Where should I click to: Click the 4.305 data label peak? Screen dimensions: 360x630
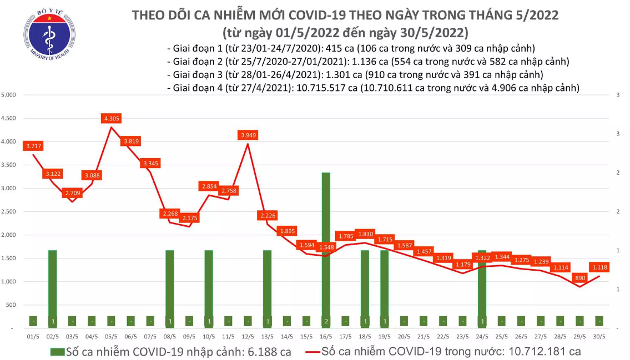coord(111,118)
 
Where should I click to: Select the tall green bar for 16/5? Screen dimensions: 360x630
coord(326,250)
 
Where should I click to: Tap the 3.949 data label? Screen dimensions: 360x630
coord(248,135)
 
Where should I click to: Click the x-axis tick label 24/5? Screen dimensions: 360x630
coord(482,336)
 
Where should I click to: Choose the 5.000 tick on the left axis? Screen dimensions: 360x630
coord(8,95)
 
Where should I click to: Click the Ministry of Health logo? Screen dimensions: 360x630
coord(49,36)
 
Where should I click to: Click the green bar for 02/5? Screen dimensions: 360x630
coord(53,288)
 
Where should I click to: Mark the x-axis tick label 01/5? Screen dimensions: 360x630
coord(33,336)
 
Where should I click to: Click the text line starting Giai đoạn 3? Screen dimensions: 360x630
coord(355,74)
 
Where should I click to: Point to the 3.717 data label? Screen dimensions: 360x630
coord(33,146)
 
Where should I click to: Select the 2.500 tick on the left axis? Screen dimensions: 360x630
coord(8,212)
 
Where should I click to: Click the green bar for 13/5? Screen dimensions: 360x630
coord(267,288)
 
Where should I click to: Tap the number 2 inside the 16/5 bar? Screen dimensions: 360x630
coord(326,321)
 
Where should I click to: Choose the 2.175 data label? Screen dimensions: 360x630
coord(190,218)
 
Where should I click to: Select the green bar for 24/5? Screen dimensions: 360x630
coord(482,288)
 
